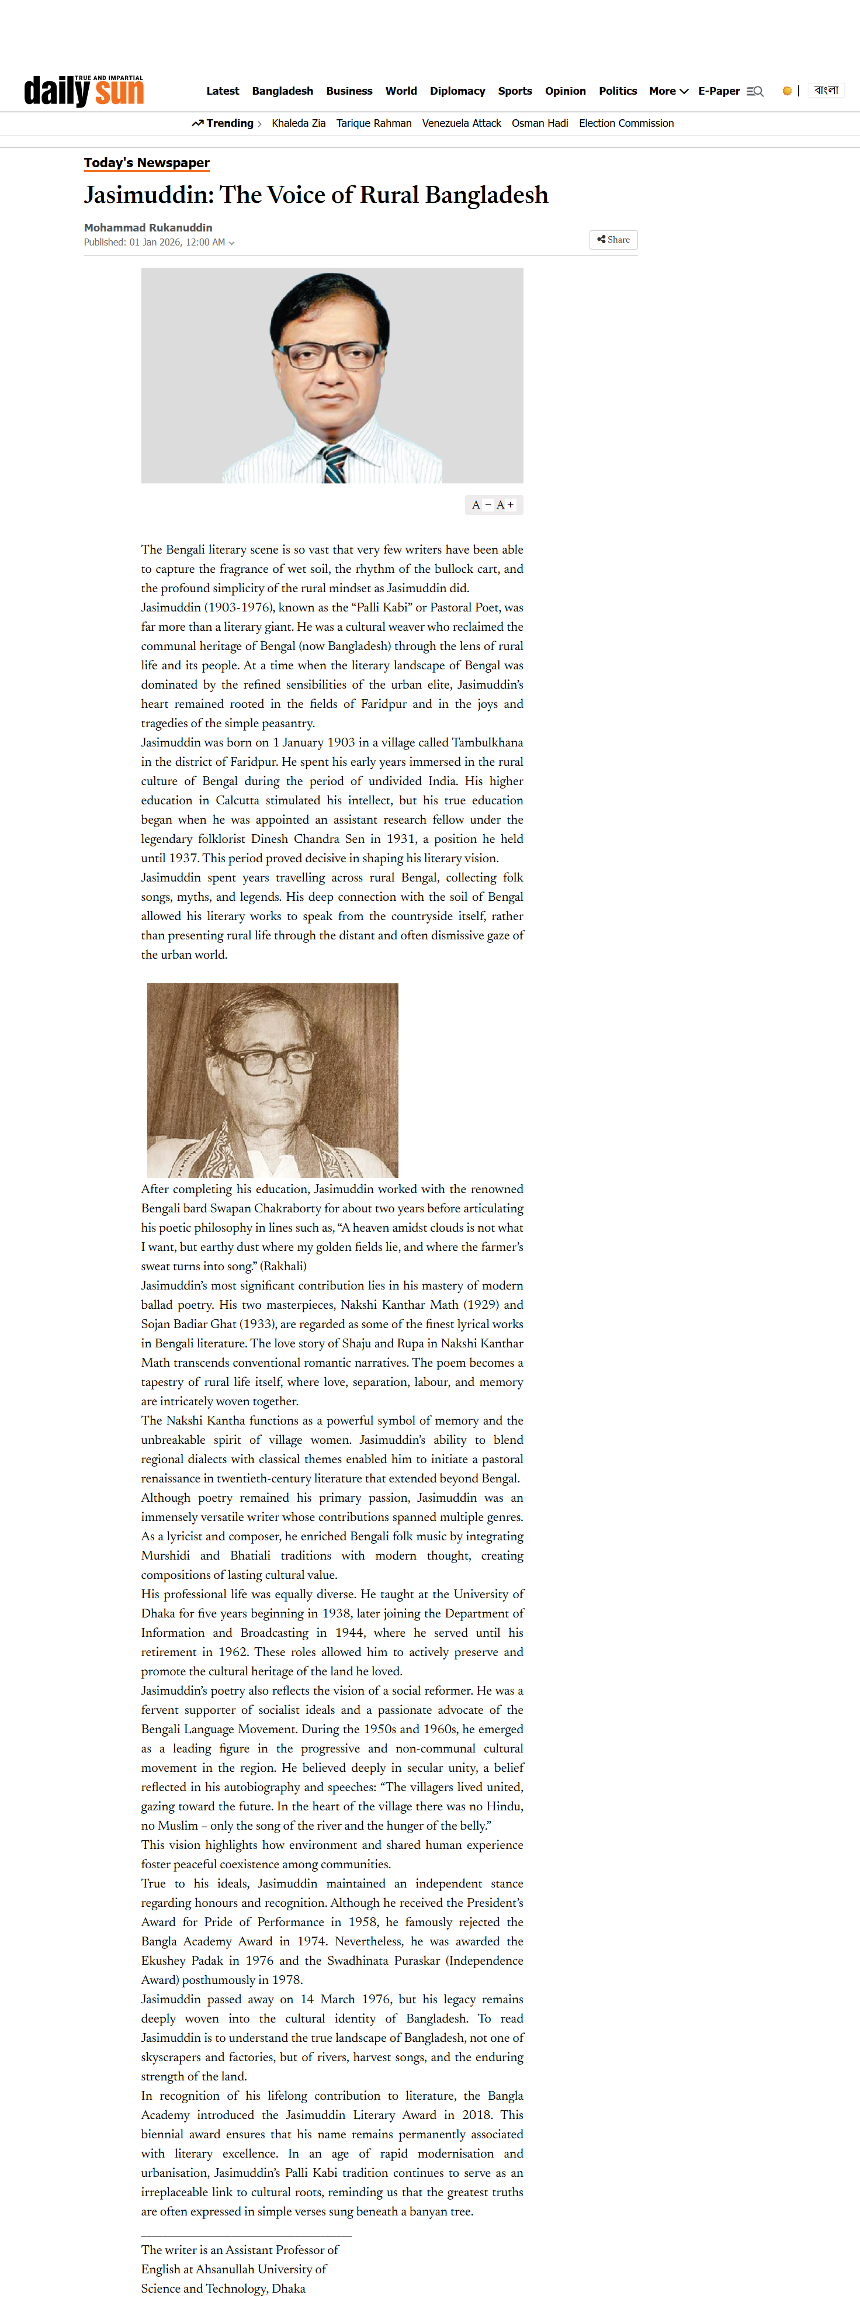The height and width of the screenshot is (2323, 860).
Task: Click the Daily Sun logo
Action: tap(84, 91)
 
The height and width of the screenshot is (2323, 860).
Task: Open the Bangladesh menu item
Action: tap(282, 91)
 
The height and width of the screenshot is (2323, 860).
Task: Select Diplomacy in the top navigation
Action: tap(457, 91)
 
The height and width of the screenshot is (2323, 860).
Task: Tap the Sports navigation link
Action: tap(515, 91)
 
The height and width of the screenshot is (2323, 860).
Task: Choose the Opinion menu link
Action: tap(565, 91)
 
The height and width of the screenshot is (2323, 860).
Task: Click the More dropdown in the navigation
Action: tap(668, 91)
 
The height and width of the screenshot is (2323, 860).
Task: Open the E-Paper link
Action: tap(719, 91)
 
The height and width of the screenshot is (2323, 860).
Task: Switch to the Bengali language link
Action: tap(826, 90)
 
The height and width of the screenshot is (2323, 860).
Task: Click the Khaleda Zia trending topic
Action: tap(299, 123)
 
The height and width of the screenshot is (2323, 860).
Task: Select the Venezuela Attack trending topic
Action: tap(462, 123)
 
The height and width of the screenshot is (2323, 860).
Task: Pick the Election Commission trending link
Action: tap(626, 123)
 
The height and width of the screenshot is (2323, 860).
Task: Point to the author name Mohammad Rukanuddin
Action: tap(148, 228)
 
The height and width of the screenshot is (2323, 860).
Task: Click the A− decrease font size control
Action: tap(481, 505)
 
